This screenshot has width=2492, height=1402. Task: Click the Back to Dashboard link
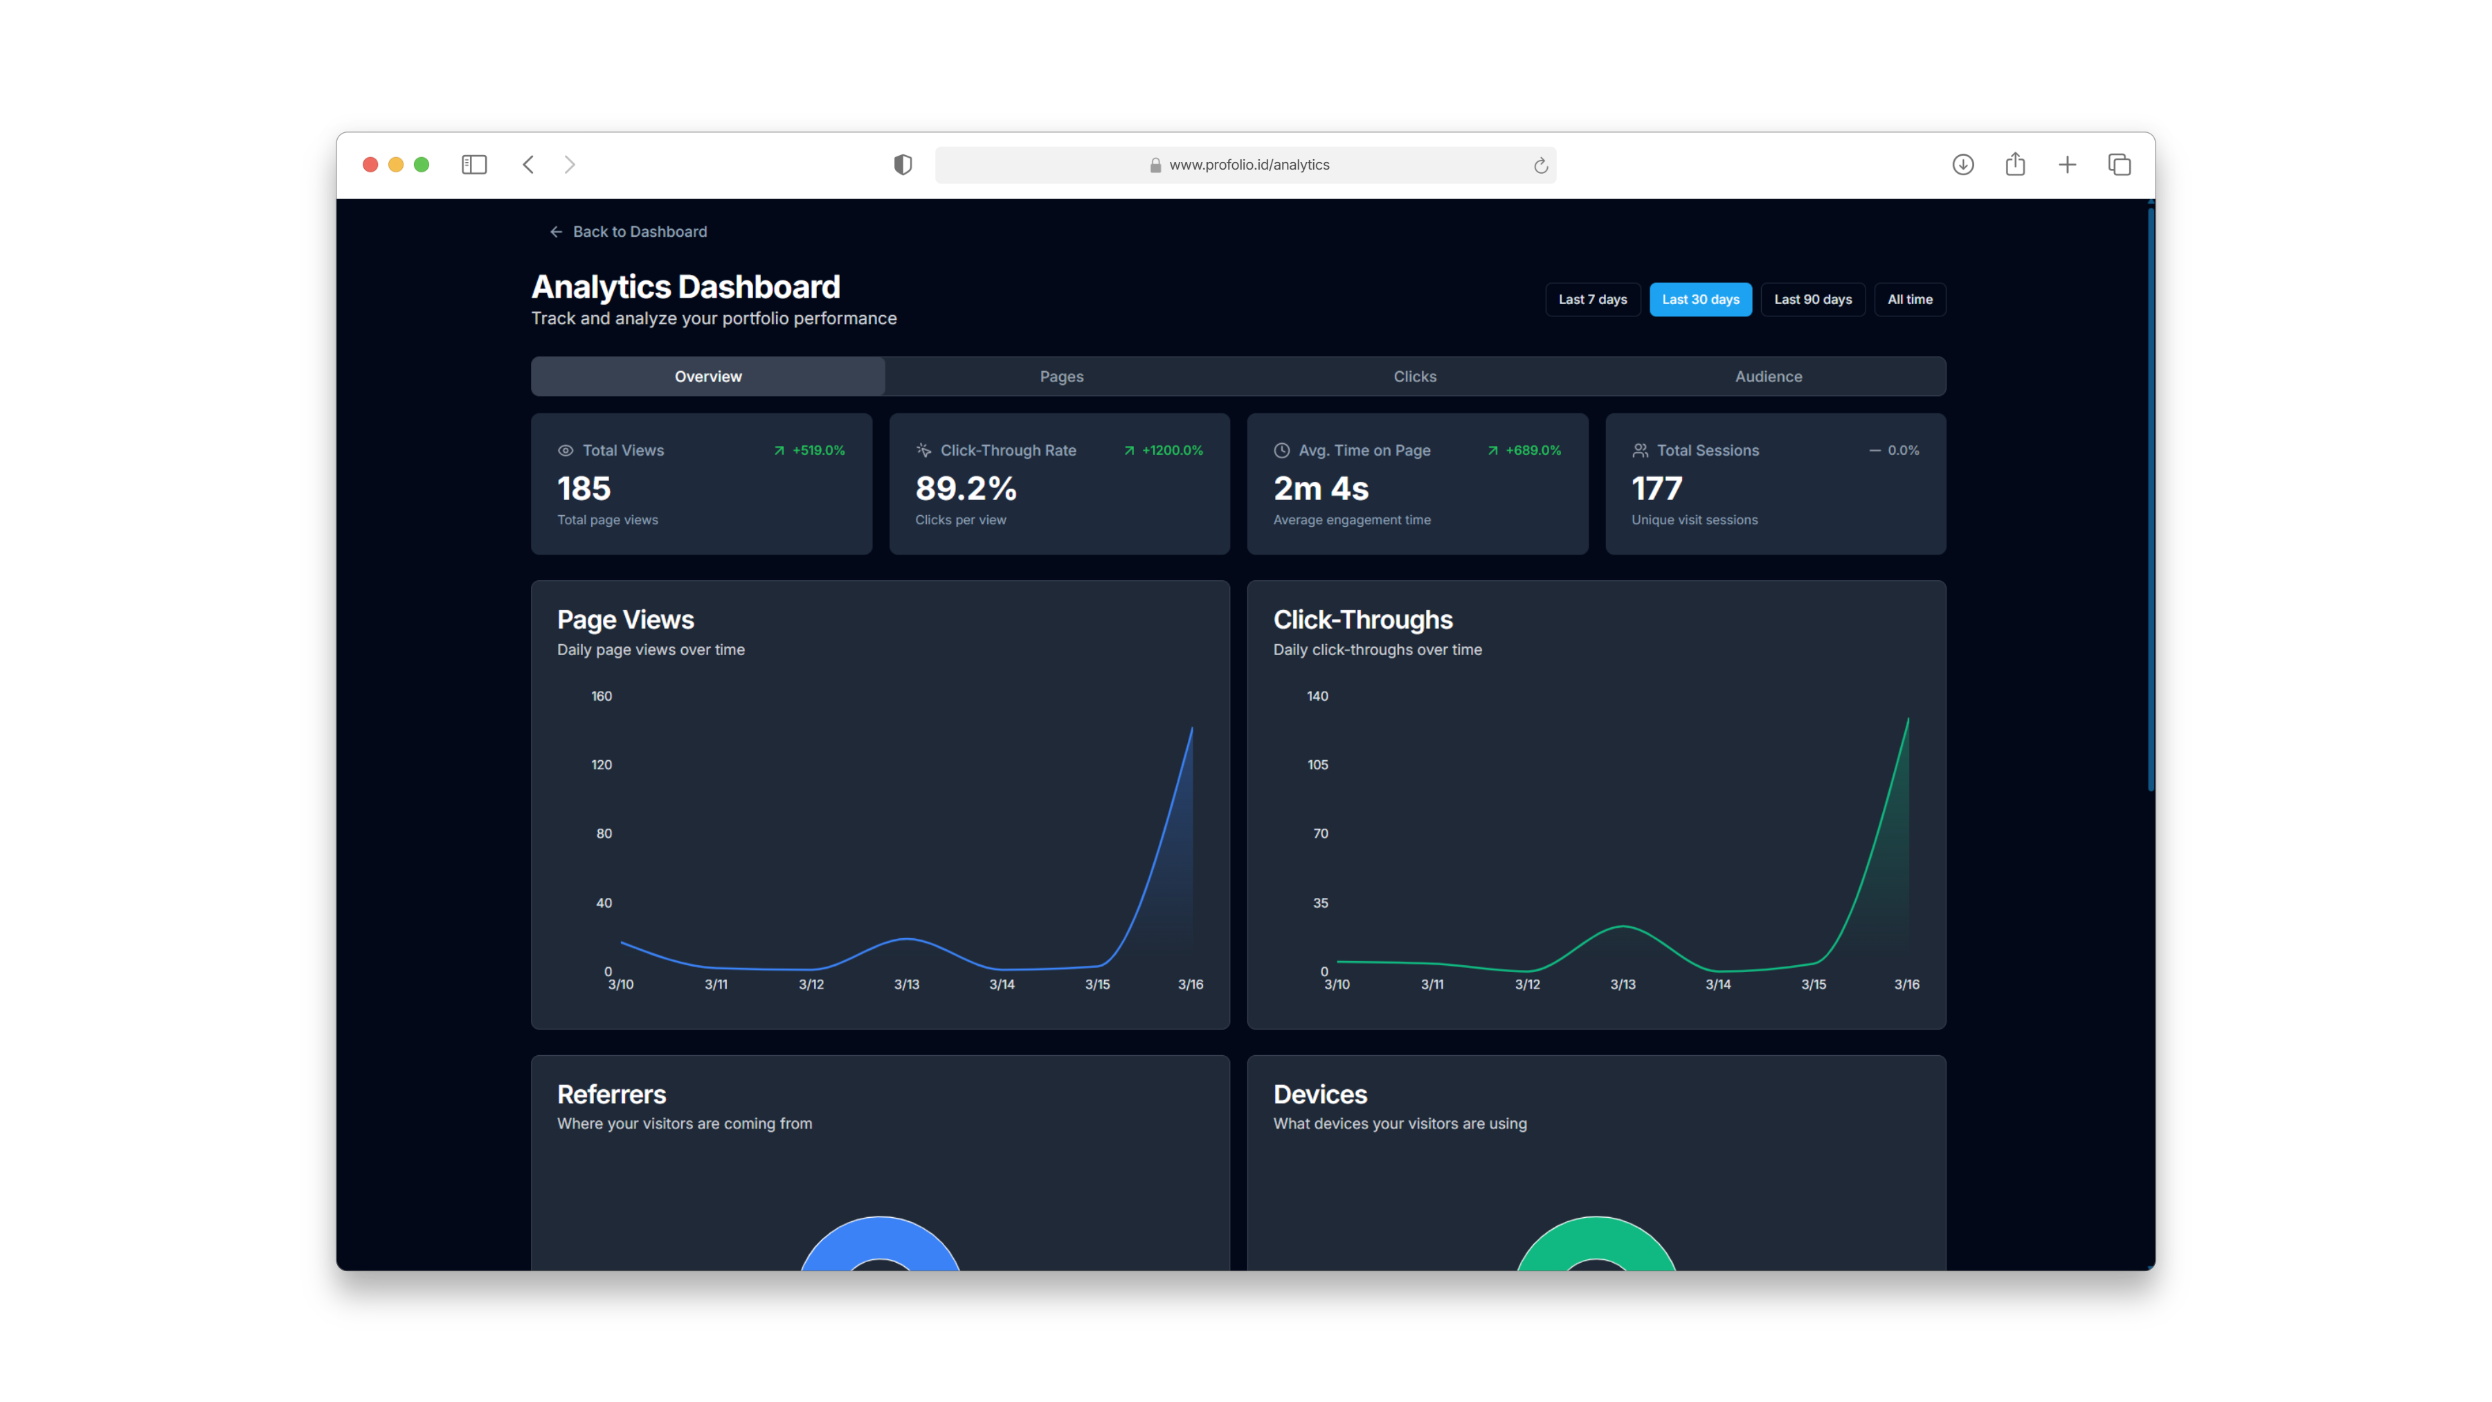tap(629, 231)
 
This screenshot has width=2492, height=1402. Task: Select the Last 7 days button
tap(1592, 299)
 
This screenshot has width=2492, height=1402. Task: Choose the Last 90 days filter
tap(1813, 299)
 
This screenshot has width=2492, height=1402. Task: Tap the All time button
tap(1910, 299)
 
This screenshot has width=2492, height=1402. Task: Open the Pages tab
tap(1061, 377)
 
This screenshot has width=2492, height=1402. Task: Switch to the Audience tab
tap(1769, 377)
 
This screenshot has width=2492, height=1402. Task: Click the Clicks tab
tap(1414, 377)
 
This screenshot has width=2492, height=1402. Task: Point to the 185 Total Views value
tap(584, 489)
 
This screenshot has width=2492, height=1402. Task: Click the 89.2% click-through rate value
tap(966, 489)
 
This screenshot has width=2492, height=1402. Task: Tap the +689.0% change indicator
tap(1524, 450)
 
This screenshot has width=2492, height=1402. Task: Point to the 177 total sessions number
tap(1657, 489)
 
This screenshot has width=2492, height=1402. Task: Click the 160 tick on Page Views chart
tap(602, 696)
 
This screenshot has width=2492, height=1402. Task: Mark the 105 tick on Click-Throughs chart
tap(1317, 764)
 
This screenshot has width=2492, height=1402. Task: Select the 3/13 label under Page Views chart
tap(906, 984)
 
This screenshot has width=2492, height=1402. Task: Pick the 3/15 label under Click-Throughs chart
tap(1814, 984)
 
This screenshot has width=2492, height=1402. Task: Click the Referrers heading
tap(611, 1095)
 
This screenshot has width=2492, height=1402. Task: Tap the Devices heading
tap(1319, 1095)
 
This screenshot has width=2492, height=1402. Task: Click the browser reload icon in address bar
tap(1541, 165)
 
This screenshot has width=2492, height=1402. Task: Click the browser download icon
tap(1963, 165)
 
